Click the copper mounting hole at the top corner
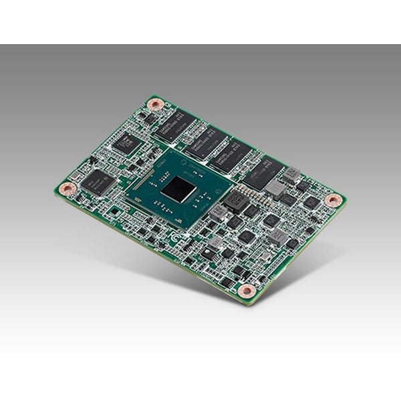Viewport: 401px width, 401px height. click(156, 104)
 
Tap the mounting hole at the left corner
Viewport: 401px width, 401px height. click(66, 189)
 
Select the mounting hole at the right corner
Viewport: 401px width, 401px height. click(332, 200)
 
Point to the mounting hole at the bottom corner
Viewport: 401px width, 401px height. click(247, 291)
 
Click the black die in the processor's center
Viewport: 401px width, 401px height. click(178, 190)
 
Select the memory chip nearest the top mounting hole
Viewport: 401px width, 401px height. click(176, 125)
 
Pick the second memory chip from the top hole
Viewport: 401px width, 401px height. click(208, 141)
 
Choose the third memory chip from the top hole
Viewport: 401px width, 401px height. click(231, 156)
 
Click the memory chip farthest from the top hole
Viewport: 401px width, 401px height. click(263, 172)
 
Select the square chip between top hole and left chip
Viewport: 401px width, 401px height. click(125, 143)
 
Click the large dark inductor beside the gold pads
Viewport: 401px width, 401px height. click(236, 200)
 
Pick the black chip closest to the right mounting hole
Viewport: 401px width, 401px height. click(311, 203)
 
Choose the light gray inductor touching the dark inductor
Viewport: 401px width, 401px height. click(219, 213)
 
